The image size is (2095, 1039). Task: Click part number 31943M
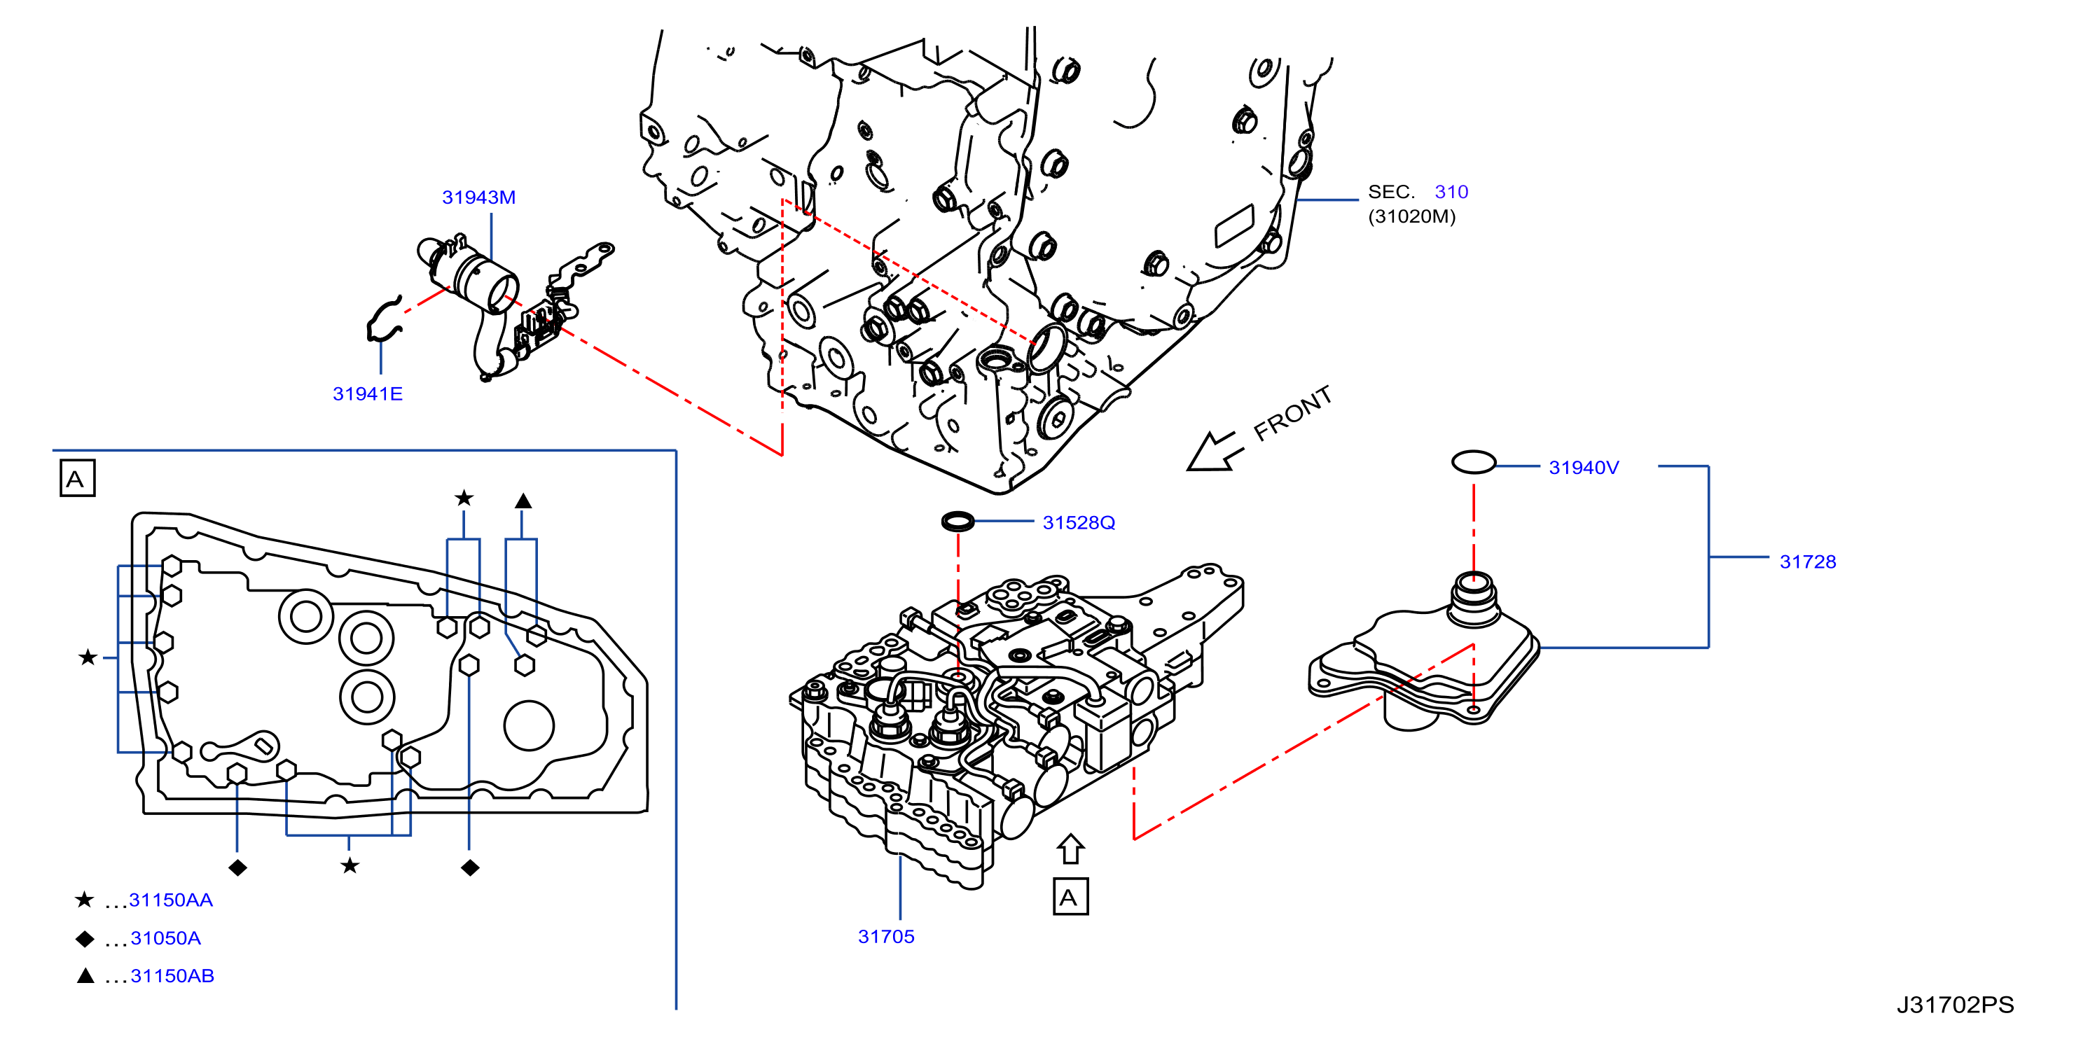[478, 197]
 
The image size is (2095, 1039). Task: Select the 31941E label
[368, 394]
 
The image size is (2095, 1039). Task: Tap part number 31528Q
[1079, 523]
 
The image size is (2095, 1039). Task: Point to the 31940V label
[1584, 468]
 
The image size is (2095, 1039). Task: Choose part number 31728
[1807, 562]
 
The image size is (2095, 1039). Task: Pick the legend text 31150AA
[171, 900]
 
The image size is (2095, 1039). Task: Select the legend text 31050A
[165, 938]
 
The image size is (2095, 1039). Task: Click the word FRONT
[1292, 413]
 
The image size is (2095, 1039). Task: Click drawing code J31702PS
[1955, 1005]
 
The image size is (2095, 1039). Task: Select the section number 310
[1451, 192]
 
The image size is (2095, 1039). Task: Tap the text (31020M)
[1411, 216]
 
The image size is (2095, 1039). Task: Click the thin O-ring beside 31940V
[1474, 463]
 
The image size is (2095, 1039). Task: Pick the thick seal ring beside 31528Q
[958, 520]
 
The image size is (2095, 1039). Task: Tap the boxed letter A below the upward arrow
[1070, 897]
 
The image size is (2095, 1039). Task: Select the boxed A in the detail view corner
[77, 478]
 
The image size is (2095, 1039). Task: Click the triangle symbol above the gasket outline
[523, 501]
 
